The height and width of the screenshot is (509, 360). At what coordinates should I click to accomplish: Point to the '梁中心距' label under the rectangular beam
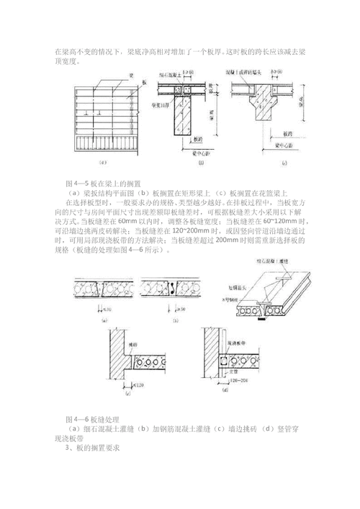[x=186, y=152]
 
